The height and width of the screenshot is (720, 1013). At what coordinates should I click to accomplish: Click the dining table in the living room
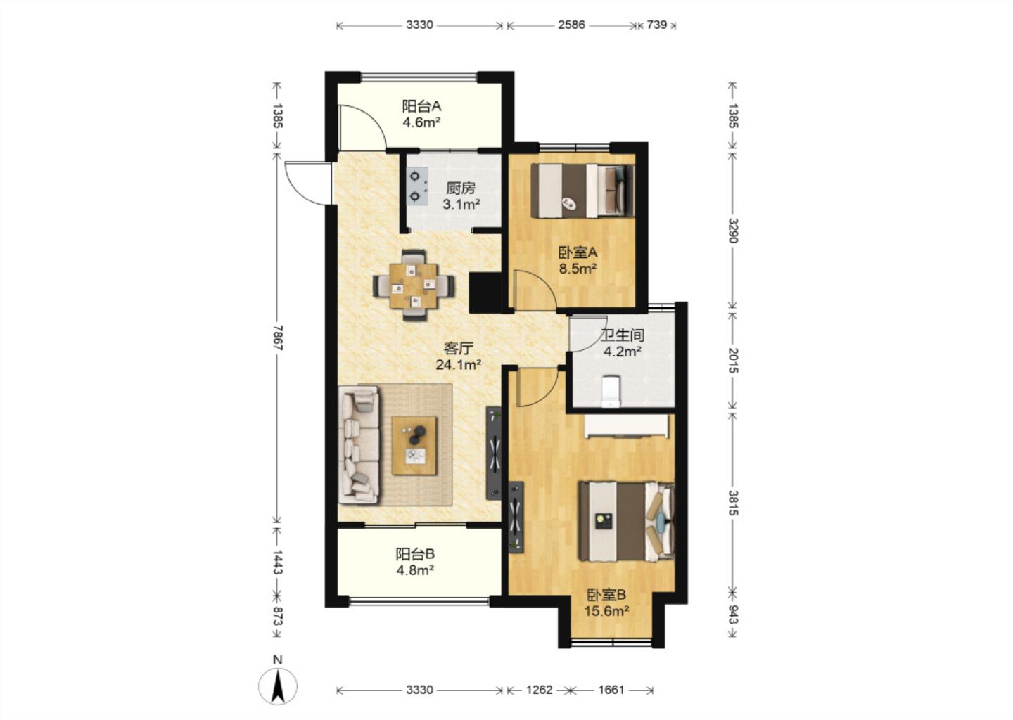(414, 285)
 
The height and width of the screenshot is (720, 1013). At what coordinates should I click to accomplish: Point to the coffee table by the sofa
(414, 446)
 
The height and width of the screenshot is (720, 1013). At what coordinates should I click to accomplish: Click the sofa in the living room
(359, 444)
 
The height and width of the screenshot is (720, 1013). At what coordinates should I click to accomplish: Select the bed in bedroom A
(582, 191)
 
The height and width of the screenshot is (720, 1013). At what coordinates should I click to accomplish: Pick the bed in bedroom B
(627, 522)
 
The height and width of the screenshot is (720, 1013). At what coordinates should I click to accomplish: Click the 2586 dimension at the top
(571, 25)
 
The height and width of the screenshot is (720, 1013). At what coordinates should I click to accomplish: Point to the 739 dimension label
(656, 25)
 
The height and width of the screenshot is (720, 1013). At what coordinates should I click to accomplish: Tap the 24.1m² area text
(458, 364)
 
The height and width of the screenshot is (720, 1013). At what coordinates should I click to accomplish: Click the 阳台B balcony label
(415, 553)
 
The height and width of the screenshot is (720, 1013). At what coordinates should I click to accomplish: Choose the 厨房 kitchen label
(461, 188)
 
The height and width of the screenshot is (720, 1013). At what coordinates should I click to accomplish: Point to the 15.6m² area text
(607, 611)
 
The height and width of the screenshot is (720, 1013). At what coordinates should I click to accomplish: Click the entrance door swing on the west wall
(306, 183)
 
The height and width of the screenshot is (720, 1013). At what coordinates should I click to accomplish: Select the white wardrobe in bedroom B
(626, 427)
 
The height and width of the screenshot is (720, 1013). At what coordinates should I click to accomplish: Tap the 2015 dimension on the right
(733, 361)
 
